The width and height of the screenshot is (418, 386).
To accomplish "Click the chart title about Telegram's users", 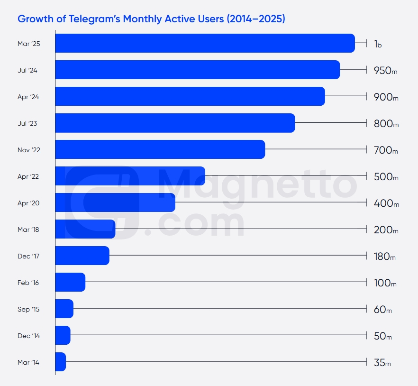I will coord(151,19).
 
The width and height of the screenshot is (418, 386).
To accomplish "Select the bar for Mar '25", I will coord(205,43).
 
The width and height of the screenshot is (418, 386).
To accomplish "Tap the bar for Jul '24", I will coord(197,70).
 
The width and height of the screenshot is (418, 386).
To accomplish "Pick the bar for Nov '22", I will coord(160,149).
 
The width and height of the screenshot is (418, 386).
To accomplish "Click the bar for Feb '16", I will coord(70,282).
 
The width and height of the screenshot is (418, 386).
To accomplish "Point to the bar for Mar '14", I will coord(60,362).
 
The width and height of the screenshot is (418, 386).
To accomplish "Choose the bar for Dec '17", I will coord(82,256).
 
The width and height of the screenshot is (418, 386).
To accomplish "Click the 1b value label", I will coord(378,44).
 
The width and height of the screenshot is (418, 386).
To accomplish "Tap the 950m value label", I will coord(385,71).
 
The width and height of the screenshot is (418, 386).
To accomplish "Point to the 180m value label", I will coord(384,257).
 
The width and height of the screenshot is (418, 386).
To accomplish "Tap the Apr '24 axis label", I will coord(28,97).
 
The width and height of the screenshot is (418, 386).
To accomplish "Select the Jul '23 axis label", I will coord(27,123).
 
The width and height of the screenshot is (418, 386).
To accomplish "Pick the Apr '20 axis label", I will coord(28,203).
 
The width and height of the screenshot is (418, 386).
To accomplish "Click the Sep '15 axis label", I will coord(28,309).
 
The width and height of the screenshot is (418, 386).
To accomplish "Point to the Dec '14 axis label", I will coord(28,336).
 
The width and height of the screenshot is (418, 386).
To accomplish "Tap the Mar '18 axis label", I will coord(28,230).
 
